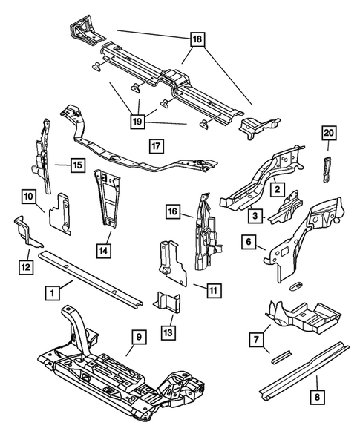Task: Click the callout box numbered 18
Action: (197, 42)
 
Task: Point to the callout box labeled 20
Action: (329, 134)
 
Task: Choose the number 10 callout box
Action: (27, 196)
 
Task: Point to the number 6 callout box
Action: (250, 242)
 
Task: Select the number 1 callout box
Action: (52, 293)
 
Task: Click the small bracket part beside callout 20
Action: (326, 168)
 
